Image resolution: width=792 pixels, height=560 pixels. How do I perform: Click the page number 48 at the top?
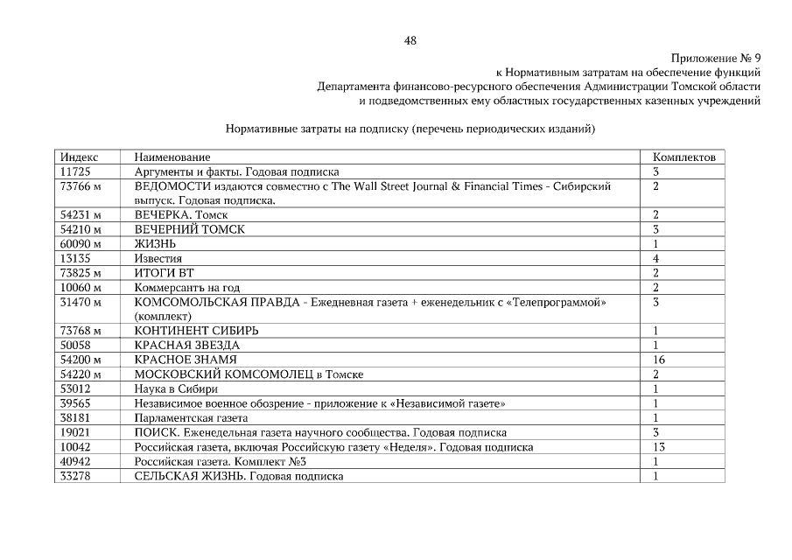pos(410,40)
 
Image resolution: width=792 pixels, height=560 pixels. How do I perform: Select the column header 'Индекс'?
pos(79,157)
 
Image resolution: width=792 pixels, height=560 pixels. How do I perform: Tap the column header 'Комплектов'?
pos(684,157)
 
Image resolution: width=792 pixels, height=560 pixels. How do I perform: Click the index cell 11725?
pos(76,171)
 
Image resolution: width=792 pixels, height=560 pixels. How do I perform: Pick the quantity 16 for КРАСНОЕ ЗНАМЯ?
pos(659,360)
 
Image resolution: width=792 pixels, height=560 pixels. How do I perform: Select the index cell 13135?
pos(76,258)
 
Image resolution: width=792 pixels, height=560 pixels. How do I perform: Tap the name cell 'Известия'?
pos(158,258)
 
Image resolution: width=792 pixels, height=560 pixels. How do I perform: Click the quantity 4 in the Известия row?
pos(655,258)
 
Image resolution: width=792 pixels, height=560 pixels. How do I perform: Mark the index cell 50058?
pos(76,345)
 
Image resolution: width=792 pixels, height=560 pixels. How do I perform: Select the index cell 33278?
pos(76,475)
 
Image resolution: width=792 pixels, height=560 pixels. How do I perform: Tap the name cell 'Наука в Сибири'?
pos(176,388)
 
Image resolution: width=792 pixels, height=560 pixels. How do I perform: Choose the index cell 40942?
pos(76,461)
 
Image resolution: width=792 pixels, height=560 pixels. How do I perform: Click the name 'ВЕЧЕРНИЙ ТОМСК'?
pos(190,229)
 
